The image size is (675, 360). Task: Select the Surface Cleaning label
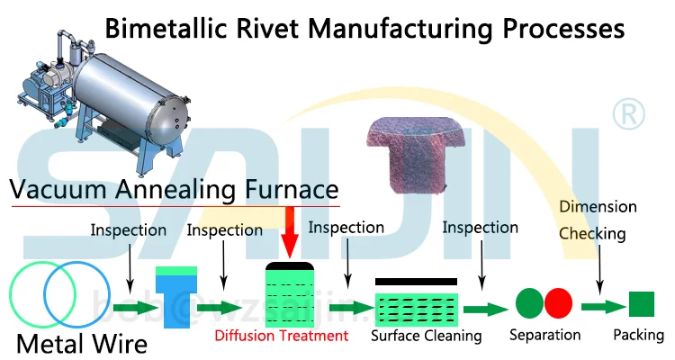tap(427, 336)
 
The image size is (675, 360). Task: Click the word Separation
tap(544, 336)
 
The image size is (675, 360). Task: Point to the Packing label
tap(638, 336)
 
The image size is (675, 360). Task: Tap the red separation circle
tap(558, 302)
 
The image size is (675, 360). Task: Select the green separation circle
tap(528, 302)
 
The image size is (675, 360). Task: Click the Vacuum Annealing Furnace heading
tap(175, 190)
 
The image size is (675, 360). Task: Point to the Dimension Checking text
tap(598, 220)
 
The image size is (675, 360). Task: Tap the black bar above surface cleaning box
tap(415, 282)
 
